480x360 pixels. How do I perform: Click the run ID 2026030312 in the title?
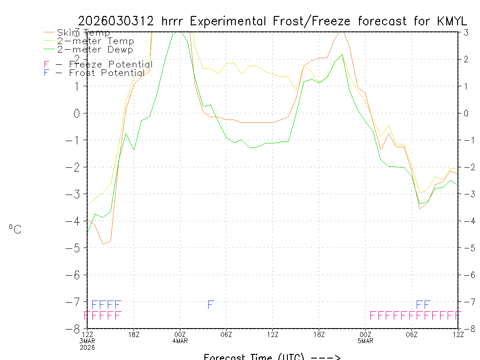(x=117, y=21)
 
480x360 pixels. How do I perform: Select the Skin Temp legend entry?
(x=83, y=33)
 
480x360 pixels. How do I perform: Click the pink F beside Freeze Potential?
(x=46, y=65)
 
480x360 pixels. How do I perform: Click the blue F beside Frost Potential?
(x=46, y=73)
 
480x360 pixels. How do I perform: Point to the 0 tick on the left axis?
(x=76, y=113)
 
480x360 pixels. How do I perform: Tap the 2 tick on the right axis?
(x=466, y=59)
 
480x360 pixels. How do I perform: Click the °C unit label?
(x=15, y=230)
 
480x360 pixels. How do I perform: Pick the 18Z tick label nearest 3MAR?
(x=134, y=334)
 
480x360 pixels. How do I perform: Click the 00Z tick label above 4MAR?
(x=180, y=334)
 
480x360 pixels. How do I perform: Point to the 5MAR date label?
(x=365, y=341)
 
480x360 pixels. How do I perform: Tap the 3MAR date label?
(x=87, y=341)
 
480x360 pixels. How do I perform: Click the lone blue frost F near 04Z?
(x=211, y=305)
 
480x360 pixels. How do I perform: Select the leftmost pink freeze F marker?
(x=87, y=315)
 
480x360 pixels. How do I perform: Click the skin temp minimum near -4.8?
(x=103, y=244)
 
